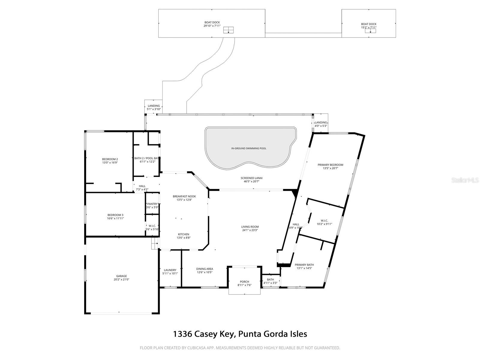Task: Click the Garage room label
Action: [121, 276]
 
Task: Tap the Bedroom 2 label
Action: [110, 159]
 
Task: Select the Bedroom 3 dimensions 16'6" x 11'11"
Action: [115, 218]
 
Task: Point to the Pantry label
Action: [152, 204]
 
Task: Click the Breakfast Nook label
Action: [184, 196]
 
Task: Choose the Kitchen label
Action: [184, 234]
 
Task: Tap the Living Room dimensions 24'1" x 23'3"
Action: [250, 230]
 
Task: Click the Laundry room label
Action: [170, 270]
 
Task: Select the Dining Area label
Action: [205, 269]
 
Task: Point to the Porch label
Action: [244, 282]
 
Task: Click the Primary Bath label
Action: [304, 265]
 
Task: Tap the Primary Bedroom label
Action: [330, 165]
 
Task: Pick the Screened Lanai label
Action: [251, 178]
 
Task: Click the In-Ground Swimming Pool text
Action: [249, 148]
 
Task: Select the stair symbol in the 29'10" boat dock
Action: [228, 30]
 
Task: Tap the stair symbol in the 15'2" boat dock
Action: [370, 31]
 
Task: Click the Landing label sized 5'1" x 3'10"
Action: [154, 106]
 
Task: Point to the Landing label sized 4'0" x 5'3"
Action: [321, 122]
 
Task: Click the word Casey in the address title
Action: [205, 334]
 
